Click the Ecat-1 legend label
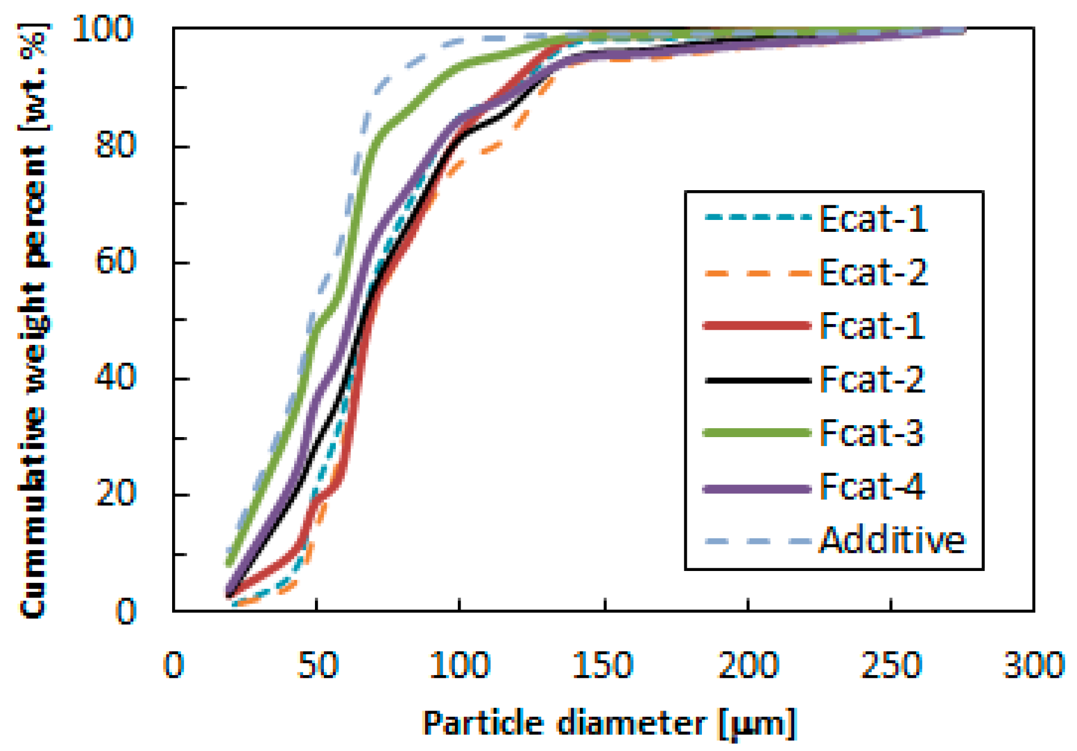click(x=872, y=219)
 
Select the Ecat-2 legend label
click(x=872, y=272)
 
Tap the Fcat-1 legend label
click(x=871, y=326)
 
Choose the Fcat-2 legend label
click(x=871, y=379)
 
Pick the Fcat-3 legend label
click(x=871, y=433)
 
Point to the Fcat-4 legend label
click(x=871, y=487)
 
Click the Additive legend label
click(x=891, y=541)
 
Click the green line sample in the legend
click(x=757, y=433)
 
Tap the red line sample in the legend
click(x=757, y=326)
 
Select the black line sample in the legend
click(x=757, y=380)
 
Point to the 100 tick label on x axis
click(x=459, y=665)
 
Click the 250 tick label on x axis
click(x=891, y=665)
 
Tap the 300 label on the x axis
click(x=1034, y=665)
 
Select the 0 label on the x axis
click(x=173, y=665)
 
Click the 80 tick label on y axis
click(x=115, y=145)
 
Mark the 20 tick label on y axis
click(x=115, y=494)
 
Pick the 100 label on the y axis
click(x=103, y=29)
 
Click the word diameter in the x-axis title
click(x=632, y=723)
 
